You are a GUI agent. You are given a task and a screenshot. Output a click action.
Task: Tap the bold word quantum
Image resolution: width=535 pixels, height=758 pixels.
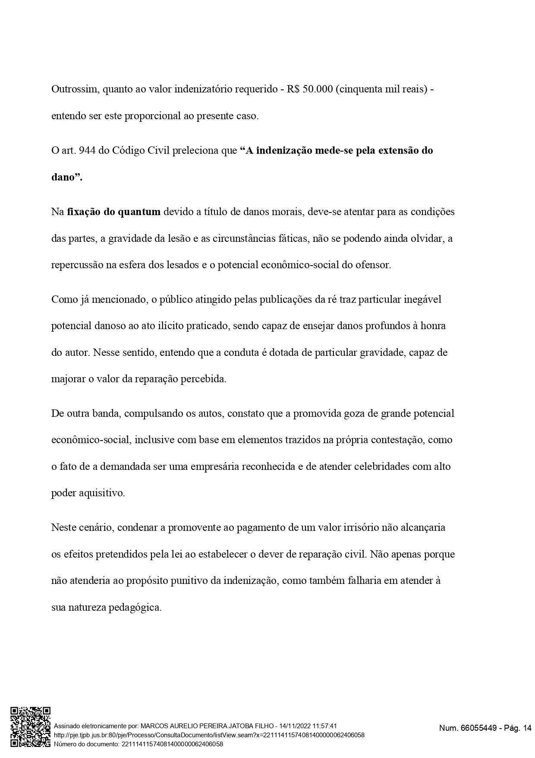[x=139, y=212]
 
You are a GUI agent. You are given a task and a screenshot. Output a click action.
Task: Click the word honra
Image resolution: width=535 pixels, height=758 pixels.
[x=433, y=326]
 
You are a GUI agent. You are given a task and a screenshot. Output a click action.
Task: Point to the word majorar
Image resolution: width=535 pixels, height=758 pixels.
[x=68, y=379]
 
